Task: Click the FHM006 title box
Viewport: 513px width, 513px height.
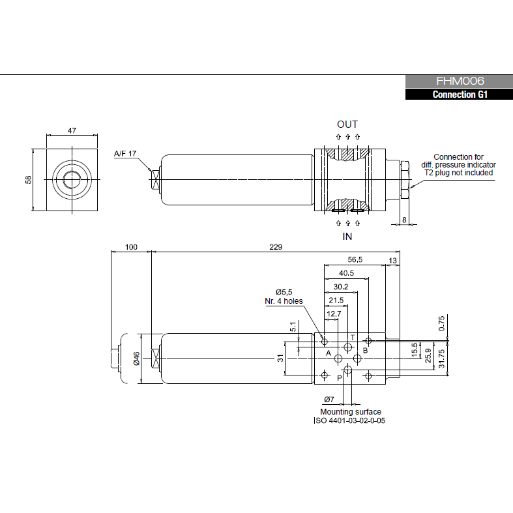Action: tap(460, 81)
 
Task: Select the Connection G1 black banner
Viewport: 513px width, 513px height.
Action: tap(460, 95)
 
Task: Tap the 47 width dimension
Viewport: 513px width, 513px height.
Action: tap(72, 130)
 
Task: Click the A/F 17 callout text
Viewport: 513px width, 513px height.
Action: tap(125, 154)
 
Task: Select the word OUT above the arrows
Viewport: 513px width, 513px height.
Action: tap(347, 124)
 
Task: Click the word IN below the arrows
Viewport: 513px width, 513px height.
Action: tap(347, 236)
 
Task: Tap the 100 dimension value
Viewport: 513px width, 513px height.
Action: tap(131, 247)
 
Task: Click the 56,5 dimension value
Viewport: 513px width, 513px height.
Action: tap(355, 259)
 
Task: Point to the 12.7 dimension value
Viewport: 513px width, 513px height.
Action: tap(334, 314)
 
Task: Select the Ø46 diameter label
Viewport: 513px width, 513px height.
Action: tap(137, 359)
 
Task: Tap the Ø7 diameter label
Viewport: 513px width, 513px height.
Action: tap(329, 399)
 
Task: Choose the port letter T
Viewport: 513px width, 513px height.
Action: tap(352, 338)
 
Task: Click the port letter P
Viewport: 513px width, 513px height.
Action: tap(340, 377)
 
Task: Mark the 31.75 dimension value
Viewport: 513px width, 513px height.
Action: tap(441, 358)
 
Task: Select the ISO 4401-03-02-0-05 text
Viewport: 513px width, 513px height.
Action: tap(350, 420)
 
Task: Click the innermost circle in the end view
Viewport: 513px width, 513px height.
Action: tap(72, 179)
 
